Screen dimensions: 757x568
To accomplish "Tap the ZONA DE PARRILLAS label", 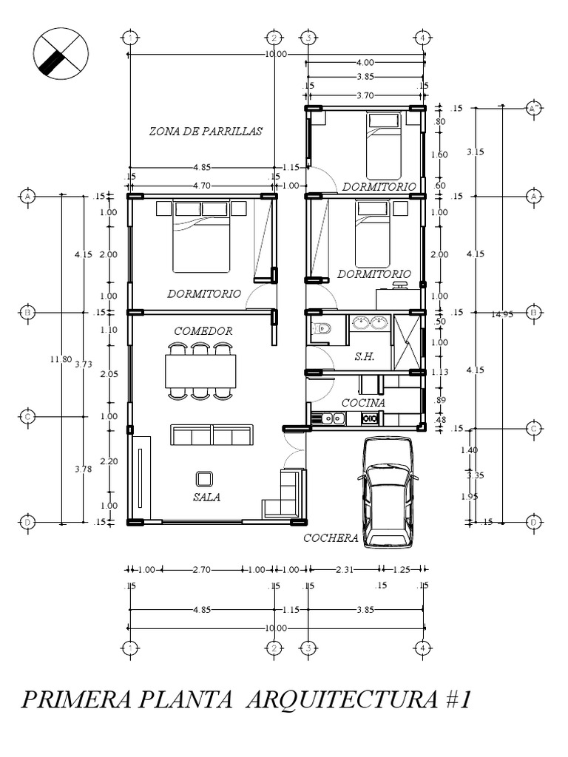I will point(206,131).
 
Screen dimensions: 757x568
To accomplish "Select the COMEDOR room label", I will point(203,331).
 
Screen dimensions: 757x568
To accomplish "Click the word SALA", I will point(207,498).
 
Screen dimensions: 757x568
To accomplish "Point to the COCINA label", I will point(363,403).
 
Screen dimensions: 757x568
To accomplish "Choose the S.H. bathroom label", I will point(365,356).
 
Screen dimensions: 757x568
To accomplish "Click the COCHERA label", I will point(331,538).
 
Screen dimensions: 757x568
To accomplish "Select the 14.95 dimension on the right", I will point(502,313).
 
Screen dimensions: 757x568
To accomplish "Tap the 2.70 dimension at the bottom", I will point(202,569).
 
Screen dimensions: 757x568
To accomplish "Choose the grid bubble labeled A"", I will point(534,108).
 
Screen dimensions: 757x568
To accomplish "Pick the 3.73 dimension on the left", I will point(84,364).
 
